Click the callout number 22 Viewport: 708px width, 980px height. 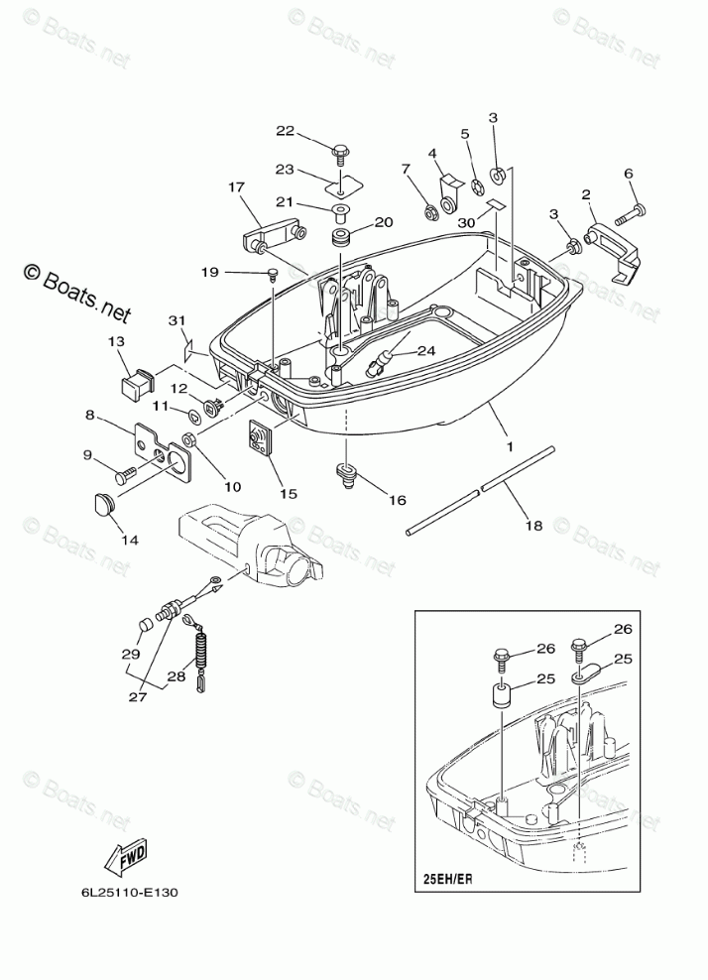[285, 132]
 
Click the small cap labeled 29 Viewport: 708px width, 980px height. [144, 626]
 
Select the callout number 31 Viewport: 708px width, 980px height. [177, 319]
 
